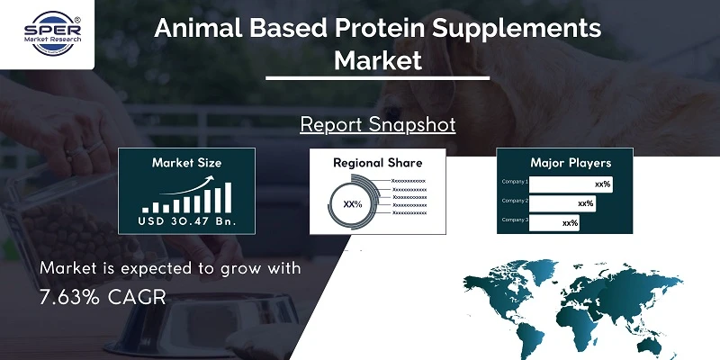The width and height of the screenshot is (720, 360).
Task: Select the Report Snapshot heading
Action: click(x=377, y=123)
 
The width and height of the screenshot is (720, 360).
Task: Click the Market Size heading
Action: click(x=186, y=163)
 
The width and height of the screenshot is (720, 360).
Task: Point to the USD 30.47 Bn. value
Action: click(x=186, y=221)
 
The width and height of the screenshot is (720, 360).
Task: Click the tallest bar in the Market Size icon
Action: click(x=228, y=194)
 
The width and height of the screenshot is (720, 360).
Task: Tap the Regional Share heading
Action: click(x=377, y=163)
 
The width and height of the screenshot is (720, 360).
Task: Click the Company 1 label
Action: click(x=515, y=183)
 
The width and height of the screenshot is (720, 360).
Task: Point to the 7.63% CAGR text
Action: click(x=103, y=298)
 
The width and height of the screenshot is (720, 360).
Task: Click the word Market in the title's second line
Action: click(x=377, y=61)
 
